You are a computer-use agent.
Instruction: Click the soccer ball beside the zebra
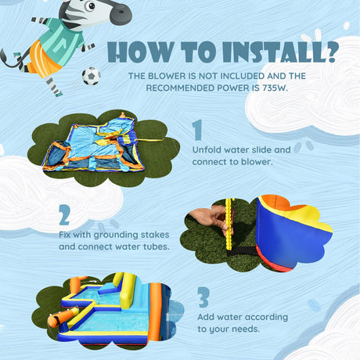[92, 76]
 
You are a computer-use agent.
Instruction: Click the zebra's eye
[91, 6]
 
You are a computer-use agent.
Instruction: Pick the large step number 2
[64, 215]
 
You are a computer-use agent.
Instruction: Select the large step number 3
[203, 297]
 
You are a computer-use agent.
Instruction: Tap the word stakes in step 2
[155, 235]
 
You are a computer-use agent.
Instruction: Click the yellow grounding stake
[229, 218]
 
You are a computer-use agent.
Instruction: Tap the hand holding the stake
[209, 219]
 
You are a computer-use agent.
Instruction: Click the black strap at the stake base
[242, 251]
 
